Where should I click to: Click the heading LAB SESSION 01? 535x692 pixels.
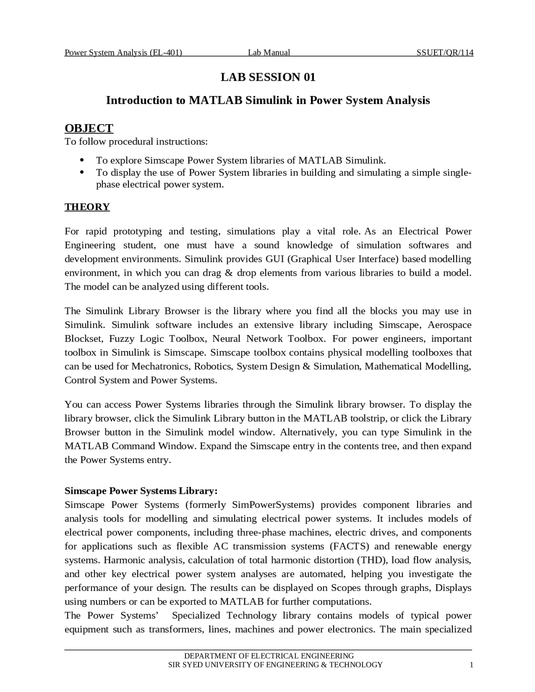pyautogui.click(x=268, y=77)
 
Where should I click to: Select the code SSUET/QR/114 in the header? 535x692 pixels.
pyautogui.click(x=445, y=53)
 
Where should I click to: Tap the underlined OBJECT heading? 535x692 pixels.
pyautogui.click(x=89, y=128)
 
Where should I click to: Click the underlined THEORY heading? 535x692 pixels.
pyautogui.click(x=87, y=207)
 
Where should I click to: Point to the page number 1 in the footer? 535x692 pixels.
pyautogui.click(x=471, y=665)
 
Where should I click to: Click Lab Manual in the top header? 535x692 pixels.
pyautogui.click(x=269, y=53)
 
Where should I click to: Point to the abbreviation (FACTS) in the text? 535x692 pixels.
pyautogui.click(x=349, y=546)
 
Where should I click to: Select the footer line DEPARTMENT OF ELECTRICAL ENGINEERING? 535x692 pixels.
pyautogui.click(x=269, y=656)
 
